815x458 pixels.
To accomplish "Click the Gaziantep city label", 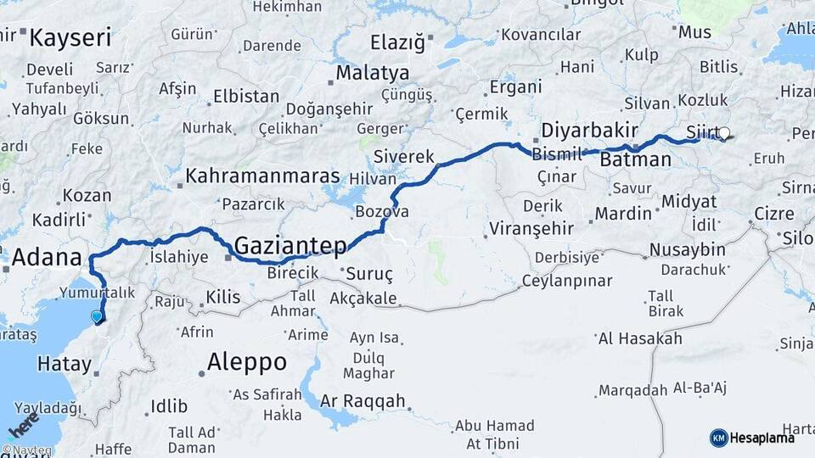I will (289, 246).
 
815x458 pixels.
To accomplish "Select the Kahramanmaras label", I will (262, 176).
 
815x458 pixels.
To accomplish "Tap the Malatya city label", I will (372, 73).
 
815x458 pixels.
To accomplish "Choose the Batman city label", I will (635, 159).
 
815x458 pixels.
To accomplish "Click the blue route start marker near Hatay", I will (97, 317).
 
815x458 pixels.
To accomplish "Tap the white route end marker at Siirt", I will (724, 133).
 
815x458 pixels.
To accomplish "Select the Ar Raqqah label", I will (363, 401).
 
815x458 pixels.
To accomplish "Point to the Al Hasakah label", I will (640, 338).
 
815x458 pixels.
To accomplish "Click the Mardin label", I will (623, 213).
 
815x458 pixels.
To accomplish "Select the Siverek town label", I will (404, 157).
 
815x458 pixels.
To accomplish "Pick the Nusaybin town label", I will (687, 249).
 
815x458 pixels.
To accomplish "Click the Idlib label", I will (168, 407).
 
